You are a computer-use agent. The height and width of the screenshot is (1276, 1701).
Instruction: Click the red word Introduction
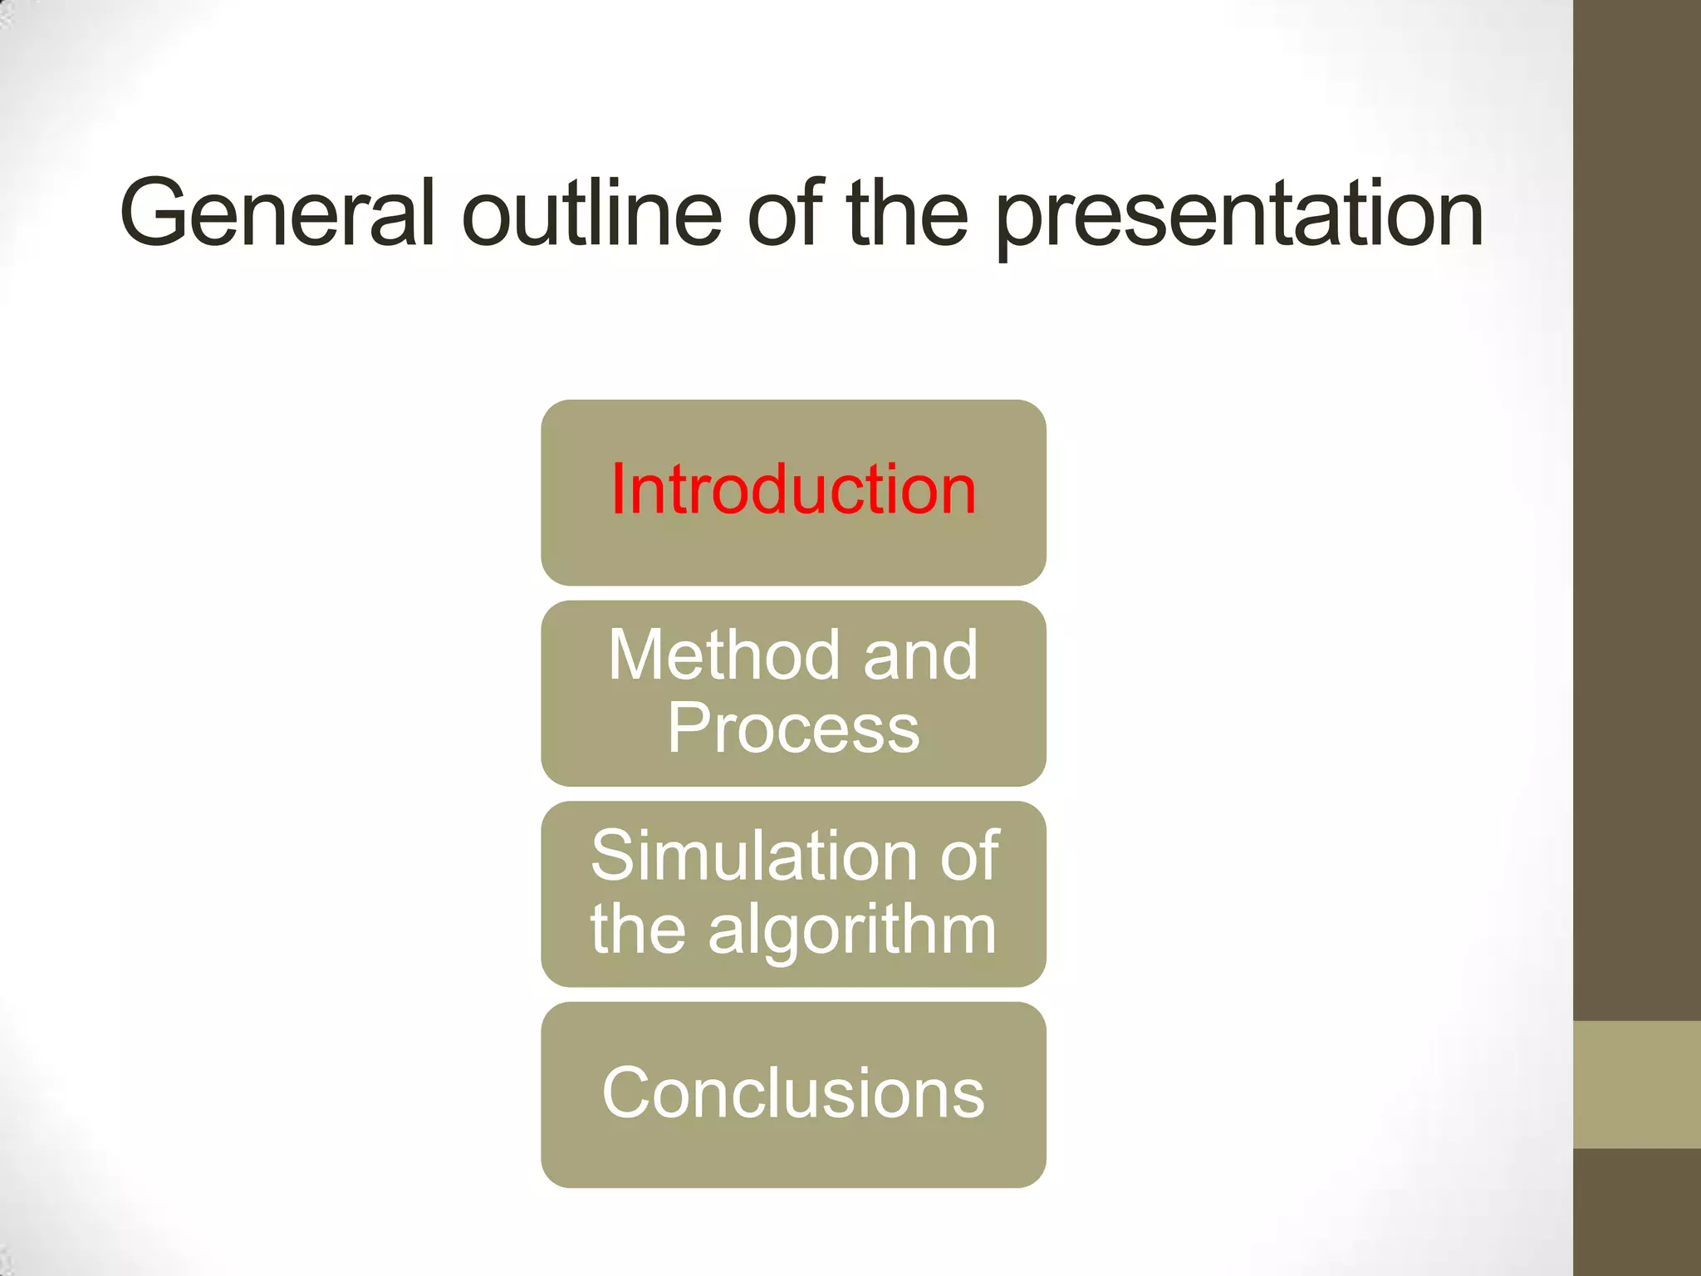[x=793, y=490]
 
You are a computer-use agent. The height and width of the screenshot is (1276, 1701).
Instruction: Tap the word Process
[x=793, y=729]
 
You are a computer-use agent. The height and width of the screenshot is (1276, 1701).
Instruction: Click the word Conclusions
[x=793, y=1093]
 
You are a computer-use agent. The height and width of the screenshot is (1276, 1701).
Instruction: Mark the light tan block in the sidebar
[x=1637, y=1085]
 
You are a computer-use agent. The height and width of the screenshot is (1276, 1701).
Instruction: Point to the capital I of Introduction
[x=618, y=490]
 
